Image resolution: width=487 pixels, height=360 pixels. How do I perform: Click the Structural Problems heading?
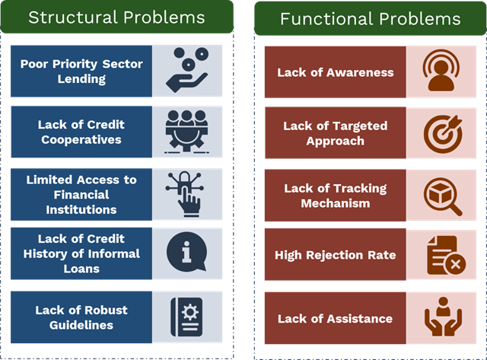pyautogui.click(x=116, y=17)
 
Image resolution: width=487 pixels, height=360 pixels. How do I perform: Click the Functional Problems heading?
pyautogui.click(x=370, y=19)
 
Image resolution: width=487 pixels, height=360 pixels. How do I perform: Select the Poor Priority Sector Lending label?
pyautogui.click(x=81, y=72)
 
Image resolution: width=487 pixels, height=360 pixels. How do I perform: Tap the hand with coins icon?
pyautogui.click(x=186, y=70)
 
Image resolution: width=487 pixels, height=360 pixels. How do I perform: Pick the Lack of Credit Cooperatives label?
pyautogui.click(x=81, y=132)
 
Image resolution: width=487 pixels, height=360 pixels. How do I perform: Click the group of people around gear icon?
pyautogui.click(x=186, y=131)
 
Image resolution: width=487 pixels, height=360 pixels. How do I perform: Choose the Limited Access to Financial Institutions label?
pyautogui.click(x=81, y=194)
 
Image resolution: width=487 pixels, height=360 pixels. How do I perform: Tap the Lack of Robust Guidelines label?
pyautogui.click(x=81, y=317)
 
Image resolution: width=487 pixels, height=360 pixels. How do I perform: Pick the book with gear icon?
pyautogui.click(x=186, y=317)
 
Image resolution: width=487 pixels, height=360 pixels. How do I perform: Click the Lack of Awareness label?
pyautogui.click(x=335, y=72)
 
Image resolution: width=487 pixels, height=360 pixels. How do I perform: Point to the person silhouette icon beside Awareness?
pyautogui.click(x=442, y=72)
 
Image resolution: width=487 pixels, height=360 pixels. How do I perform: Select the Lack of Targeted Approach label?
pyautogui.click(x=335, y=133)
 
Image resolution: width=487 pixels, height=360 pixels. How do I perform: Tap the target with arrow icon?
pyautogui.click(x=442, y=132)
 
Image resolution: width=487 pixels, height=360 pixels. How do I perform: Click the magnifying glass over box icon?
pyautogui.click(x=442, y=195)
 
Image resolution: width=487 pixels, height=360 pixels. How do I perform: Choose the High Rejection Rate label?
pyautogui.click(x=335, y=255)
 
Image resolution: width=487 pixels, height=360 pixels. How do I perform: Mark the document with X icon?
pyautogui.click(x=442, y=255)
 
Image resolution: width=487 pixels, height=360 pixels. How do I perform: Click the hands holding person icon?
pyautogui.click(x=442, y=318)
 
